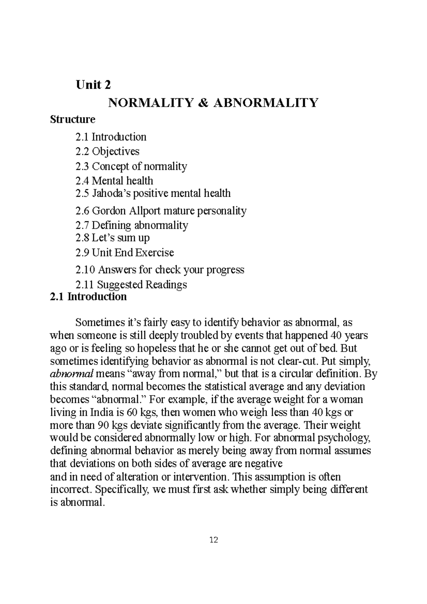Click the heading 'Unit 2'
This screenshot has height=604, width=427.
pos(93,85)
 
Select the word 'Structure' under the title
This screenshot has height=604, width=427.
pos(73,119)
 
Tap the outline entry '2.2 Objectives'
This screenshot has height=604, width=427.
pos(107,152)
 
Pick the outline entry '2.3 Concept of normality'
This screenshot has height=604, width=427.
pos(131,166)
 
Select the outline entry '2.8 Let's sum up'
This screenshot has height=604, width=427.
pos(112,238)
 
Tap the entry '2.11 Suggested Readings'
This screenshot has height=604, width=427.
pos(131,285)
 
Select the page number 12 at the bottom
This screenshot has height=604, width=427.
pos(214,540)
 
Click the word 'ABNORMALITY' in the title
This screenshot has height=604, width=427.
pos(265,103)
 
